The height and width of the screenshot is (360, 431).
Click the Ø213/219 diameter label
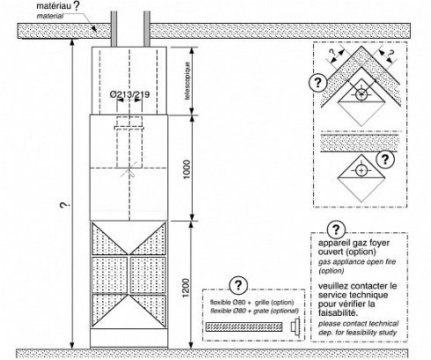point(129,94)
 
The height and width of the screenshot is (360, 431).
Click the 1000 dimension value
point(186,170)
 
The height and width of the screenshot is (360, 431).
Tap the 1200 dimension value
point(186,288)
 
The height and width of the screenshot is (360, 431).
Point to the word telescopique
point(187,81)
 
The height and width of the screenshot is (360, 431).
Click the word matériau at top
point(54,6)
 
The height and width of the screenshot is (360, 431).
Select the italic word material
point(50,16)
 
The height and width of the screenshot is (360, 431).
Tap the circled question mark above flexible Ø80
point(238,285)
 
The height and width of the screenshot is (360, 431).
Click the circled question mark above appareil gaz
point(336,230)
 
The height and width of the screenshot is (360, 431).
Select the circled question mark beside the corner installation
point(318,82)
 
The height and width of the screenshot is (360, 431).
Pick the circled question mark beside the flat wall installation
point(385,159)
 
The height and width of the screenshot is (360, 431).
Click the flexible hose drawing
point(244,327)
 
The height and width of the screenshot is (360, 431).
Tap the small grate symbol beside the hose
point(295,326)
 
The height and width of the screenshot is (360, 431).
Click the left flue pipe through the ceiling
point(113,29)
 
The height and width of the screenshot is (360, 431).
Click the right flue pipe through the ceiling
point(147,29)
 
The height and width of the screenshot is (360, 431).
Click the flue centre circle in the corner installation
point(361,94)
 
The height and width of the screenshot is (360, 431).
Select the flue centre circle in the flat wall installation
point(361,171)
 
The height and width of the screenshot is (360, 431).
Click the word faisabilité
point(339,312)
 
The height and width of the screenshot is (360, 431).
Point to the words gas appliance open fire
point(357,261)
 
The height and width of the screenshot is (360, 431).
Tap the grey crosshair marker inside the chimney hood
point(128,169)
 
